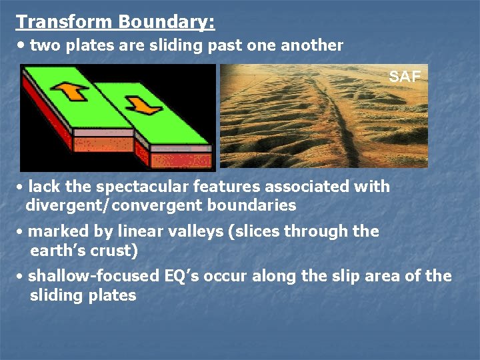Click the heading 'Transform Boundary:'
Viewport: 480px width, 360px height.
pyautogui.click(x=115, y=21)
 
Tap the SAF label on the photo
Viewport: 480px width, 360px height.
pyautogui.click(x=405, y=77)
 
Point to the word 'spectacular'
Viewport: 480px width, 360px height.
pyautogui.click(x=141, y=186)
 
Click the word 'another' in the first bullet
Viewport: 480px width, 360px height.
pyautogui.click(x=311, y=45)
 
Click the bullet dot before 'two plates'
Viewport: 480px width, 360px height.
pyautogui.click(x=23, y=45)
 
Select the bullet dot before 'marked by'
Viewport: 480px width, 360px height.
pyautogui.click(x=21, y=232)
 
